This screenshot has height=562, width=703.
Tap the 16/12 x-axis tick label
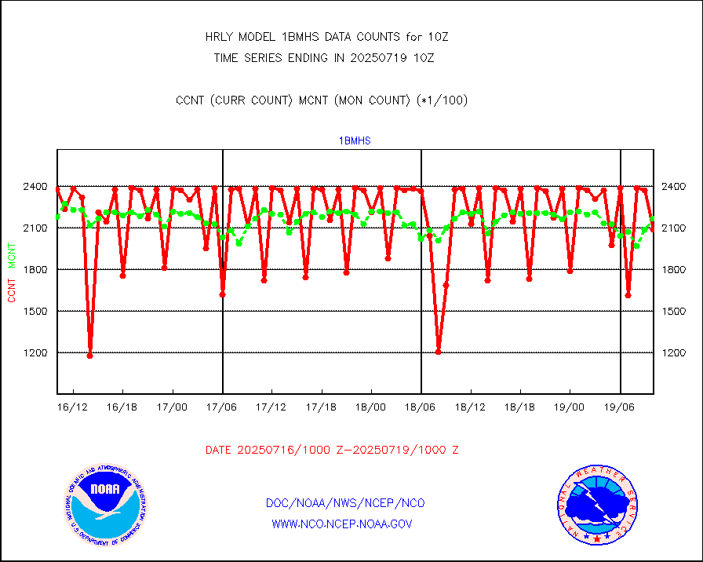point(73,407)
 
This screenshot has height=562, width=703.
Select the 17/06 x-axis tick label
point(222,407)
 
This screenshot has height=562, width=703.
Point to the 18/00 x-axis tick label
point(371,407)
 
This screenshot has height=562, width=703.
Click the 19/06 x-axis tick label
point(620,407)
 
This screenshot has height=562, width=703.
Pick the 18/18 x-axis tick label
point(519,407)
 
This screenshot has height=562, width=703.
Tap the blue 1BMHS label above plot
point(355,141)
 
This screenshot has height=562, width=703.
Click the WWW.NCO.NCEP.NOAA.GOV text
point(342,524)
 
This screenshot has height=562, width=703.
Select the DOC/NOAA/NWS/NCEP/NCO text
point(345,503)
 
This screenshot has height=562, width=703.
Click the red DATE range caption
point(332,451)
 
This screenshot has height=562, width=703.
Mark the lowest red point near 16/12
point(90,356)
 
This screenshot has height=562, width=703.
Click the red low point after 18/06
point(438,352)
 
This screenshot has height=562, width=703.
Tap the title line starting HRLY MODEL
point(326,37)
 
